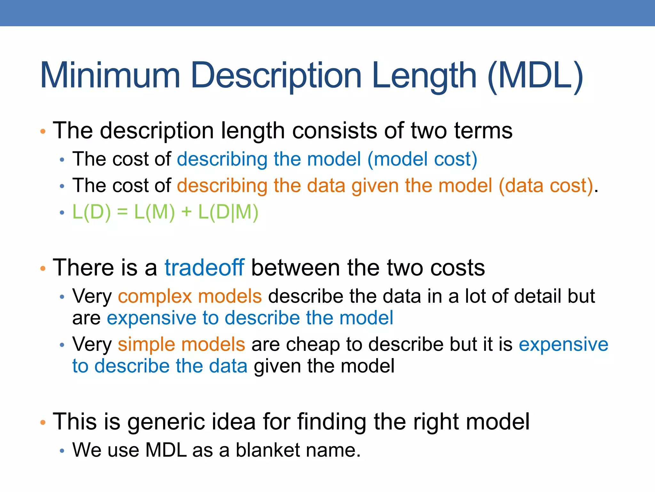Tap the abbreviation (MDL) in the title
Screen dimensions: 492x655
(535, 76)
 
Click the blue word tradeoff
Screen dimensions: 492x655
(204, 267)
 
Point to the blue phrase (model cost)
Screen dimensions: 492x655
(422, 159)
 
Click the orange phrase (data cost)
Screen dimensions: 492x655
(546, 186)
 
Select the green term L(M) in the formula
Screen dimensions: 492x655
(154, 212)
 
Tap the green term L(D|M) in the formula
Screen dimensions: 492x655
(228, 212)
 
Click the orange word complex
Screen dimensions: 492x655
(154, 296)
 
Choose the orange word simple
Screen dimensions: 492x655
(146, 344)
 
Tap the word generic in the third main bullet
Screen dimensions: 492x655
(166, 422)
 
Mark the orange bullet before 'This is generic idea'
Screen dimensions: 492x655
(43, 423)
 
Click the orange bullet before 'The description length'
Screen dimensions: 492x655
(43, 131)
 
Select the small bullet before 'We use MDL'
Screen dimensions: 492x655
(62, 451)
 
